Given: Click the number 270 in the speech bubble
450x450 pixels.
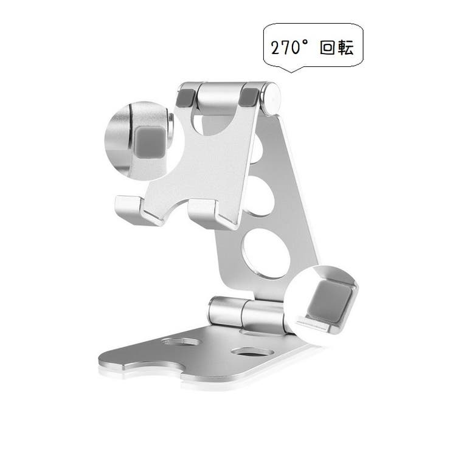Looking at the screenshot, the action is click(286, 47).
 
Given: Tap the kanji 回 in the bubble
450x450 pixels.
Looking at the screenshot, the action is click(327, 48).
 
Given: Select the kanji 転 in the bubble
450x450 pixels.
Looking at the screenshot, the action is click(345, 48).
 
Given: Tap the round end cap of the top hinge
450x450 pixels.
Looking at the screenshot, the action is click(271, 99).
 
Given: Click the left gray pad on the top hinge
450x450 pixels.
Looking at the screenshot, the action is click(187, 97).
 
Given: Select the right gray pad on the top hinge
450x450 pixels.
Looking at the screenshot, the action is click(249, 97).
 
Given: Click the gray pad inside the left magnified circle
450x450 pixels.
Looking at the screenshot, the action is click(150, 142).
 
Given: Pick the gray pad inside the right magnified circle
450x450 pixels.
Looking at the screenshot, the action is click(330, 300).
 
